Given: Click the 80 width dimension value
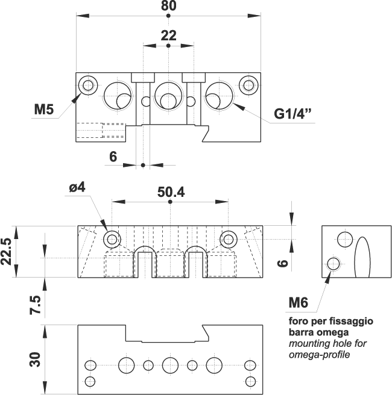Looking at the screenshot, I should (168, 7).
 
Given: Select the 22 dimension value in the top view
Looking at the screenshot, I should (168, 36).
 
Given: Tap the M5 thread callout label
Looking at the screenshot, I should (44, 110).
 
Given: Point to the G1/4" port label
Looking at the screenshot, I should (294, 114).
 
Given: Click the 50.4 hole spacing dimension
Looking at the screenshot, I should (170, 192).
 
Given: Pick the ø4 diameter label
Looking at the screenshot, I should (77, 187).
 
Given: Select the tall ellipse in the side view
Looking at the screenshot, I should (362, 257).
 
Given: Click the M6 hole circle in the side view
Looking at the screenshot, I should (332, 263).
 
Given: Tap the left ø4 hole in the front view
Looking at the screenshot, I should (112, 239).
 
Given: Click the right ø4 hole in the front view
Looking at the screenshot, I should (228, 239).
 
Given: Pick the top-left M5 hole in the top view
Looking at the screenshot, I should (89, 85).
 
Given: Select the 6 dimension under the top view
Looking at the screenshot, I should (113, 157).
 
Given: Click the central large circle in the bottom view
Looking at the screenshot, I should (170, 364).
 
